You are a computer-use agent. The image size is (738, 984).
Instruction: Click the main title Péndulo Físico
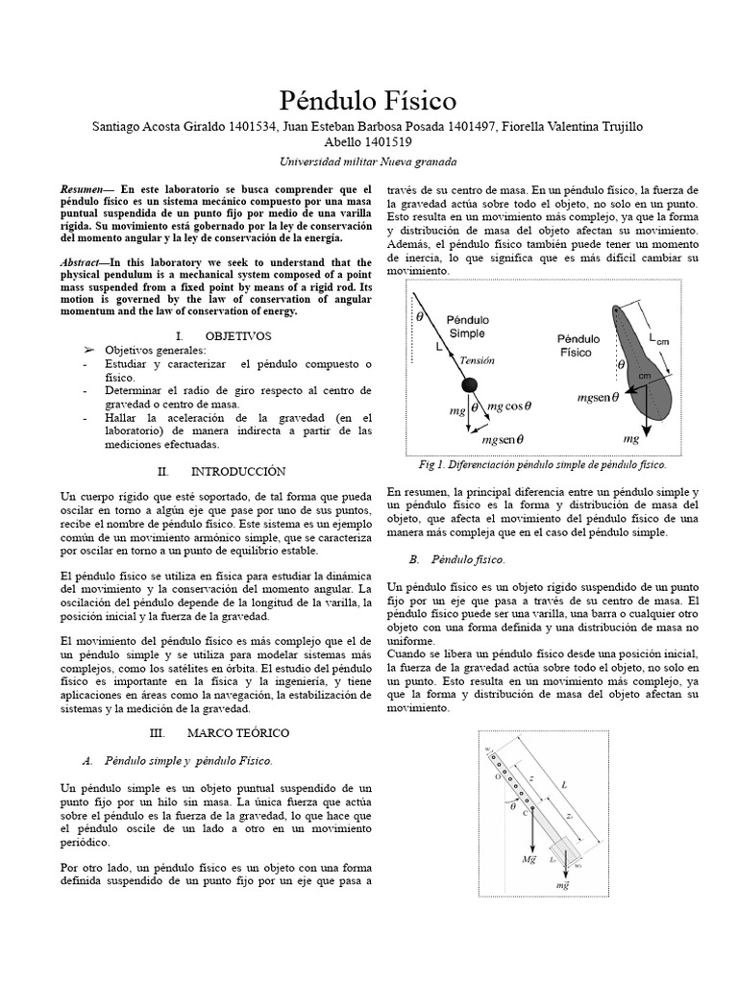(x=368, y=100)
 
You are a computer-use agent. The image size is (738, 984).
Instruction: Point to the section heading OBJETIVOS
(x=238, y=335)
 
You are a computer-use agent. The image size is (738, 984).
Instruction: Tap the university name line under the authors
(x=368, y=161)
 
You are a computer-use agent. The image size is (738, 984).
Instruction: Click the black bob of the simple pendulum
(x=468, y=385)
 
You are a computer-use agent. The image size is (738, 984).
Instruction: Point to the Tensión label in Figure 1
(x=477, y=360)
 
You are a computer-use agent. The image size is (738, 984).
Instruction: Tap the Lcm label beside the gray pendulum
(x=660, y=337)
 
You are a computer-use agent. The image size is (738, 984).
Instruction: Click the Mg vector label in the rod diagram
(x=529, y=858)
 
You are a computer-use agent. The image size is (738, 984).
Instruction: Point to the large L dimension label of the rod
(x=563, y=784)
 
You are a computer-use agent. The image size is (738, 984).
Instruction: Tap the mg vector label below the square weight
(x=562, y=887)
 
